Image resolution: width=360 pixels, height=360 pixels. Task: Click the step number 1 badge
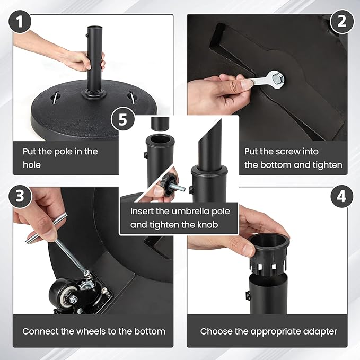pyautogui.click(x=20, y=22)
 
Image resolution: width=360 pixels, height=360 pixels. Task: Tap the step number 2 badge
pyautogui.click(x=342, y=21)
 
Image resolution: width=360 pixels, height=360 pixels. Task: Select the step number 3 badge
pyautogui.click(x=20, y=196)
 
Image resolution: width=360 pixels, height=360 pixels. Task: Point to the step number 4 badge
pyautogui.click(x=342, y=196)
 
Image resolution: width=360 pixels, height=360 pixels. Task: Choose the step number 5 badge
pyautogui.click(x=123, y=119)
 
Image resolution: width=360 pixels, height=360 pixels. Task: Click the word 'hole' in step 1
pyautogui.click(x=32, y=165)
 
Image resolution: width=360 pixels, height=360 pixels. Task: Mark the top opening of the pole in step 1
pyautogui.click(x=94, y=27)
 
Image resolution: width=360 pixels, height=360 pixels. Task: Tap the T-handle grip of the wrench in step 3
pyautogui.click(x=46, y=228)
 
